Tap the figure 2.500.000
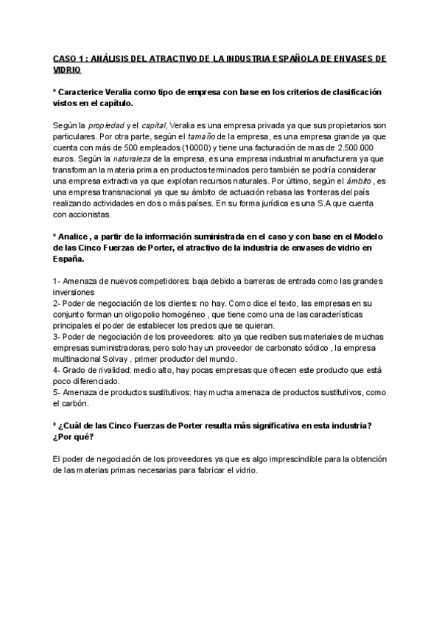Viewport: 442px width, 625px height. click(364, 147)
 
